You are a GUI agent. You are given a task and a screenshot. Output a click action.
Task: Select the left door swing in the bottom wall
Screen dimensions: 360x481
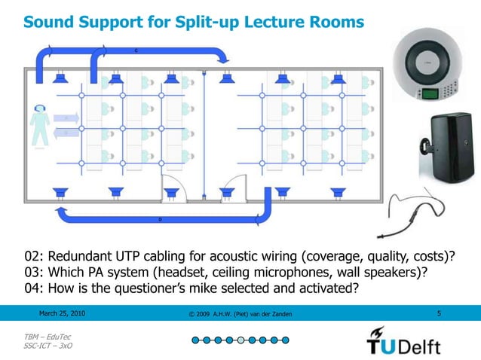pos(171,184)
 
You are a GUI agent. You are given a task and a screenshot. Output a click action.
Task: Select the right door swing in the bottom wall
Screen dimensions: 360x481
pos(237,184)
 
